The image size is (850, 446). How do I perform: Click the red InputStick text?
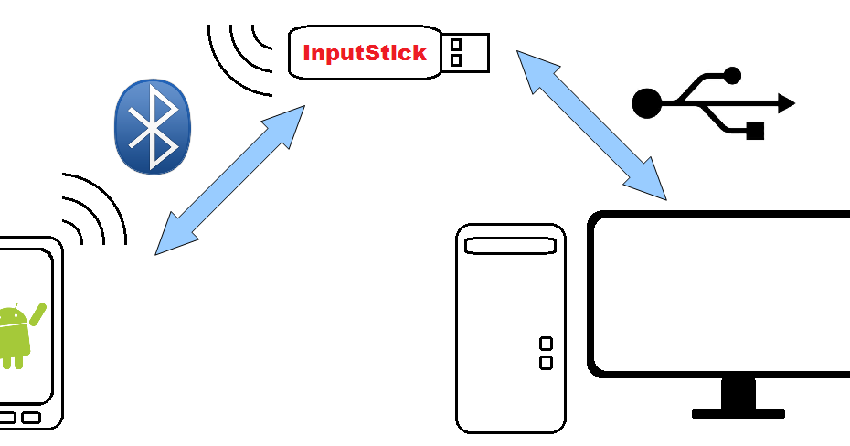pos(365,53)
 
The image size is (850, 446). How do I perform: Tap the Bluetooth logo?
pos(153,126)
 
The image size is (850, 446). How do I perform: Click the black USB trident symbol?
pos(713,102)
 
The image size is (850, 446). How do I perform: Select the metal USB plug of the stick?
pos(465,52)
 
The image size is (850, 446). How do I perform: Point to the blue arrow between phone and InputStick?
pos(229,179)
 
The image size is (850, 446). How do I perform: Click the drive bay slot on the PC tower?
pos(510,246)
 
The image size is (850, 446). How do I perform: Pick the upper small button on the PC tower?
pos(546,344)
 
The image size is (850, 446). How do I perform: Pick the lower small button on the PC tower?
pos(546,363)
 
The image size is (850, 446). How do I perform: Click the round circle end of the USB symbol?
pos(646,103)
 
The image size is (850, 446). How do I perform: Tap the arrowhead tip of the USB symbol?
pos(788,103)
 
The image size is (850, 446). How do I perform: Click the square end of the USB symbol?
pos(755,131)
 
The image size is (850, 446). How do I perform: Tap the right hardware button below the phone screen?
pos(31,418)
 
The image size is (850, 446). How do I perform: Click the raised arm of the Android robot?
pos(38,313)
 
